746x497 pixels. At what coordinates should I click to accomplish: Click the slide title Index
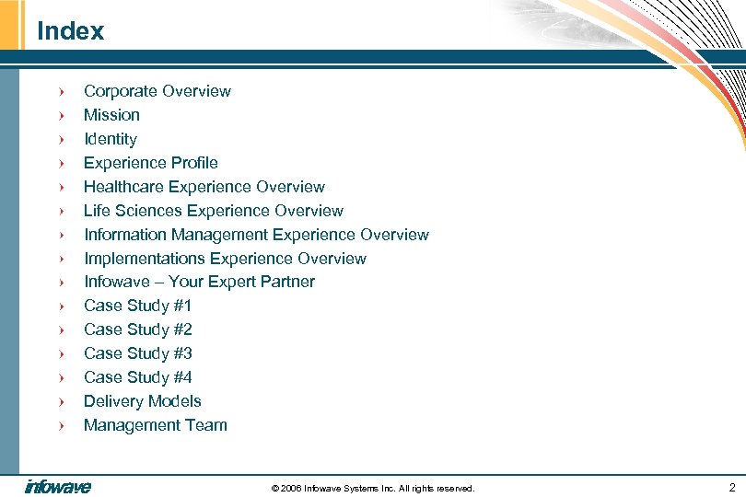tap(70, 31)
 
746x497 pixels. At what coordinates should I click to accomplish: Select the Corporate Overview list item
tap(157, 91)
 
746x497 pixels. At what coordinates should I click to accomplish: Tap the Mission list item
tap(111, 115)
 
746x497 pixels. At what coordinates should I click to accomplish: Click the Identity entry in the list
tap(110, 139)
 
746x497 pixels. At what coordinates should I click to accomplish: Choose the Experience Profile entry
tap(150, 163)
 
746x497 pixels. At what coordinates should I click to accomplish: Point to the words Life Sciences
tap(127, 211)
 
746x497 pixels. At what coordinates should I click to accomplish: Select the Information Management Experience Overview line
tap(256, 235)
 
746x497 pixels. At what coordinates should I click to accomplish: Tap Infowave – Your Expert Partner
tap(199, 282)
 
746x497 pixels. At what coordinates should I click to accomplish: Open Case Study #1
tap(137, 306)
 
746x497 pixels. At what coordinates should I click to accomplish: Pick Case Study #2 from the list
tap(137, 329)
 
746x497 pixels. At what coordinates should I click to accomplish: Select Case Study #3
tap(137, 353)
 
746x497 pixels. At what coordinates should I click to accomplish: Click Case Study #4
tap(137, 377)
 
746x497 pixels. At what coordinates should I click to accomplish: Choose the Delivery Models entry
tap(142, 401)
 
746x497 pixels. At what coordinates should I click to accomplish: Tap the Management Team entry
tap(155, 425)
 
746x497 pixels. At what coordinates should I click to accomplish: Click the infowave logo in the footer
tap(58, 486)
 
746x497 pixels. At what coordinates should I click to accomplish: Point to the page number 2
tap(731, 486)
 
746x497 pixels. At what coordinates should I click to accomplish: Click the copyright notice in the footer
tap(373, 488)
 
